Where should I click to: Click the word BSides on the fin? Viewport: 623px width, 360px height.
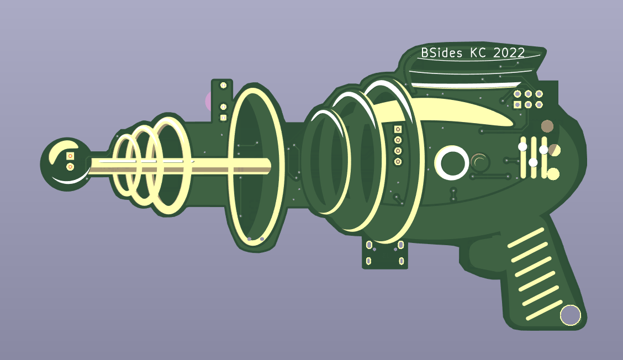[441, 53]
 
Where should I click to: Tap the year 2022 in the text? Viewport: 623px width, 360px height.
[509, 53]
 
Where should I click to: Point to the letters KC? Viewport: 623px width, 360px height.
[478, 53]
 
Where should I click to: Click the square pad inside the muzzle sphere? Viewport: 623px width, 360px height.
[70, 155]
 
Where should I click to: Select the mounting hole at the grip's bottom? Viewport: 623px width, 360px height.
[570, 315]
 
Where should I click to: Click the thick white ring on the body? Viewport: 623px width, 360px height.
[452, 163]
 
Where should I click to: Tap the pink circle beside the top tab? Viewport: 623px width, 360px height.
[208, 101]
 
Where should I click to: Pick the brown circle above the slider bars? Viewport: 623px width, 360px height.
[547, 126]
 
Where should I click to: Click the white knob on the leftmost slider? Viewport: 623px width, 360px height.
[522, 147]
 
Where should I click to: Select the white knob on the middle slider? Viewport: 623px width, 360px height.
[533, 162]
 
